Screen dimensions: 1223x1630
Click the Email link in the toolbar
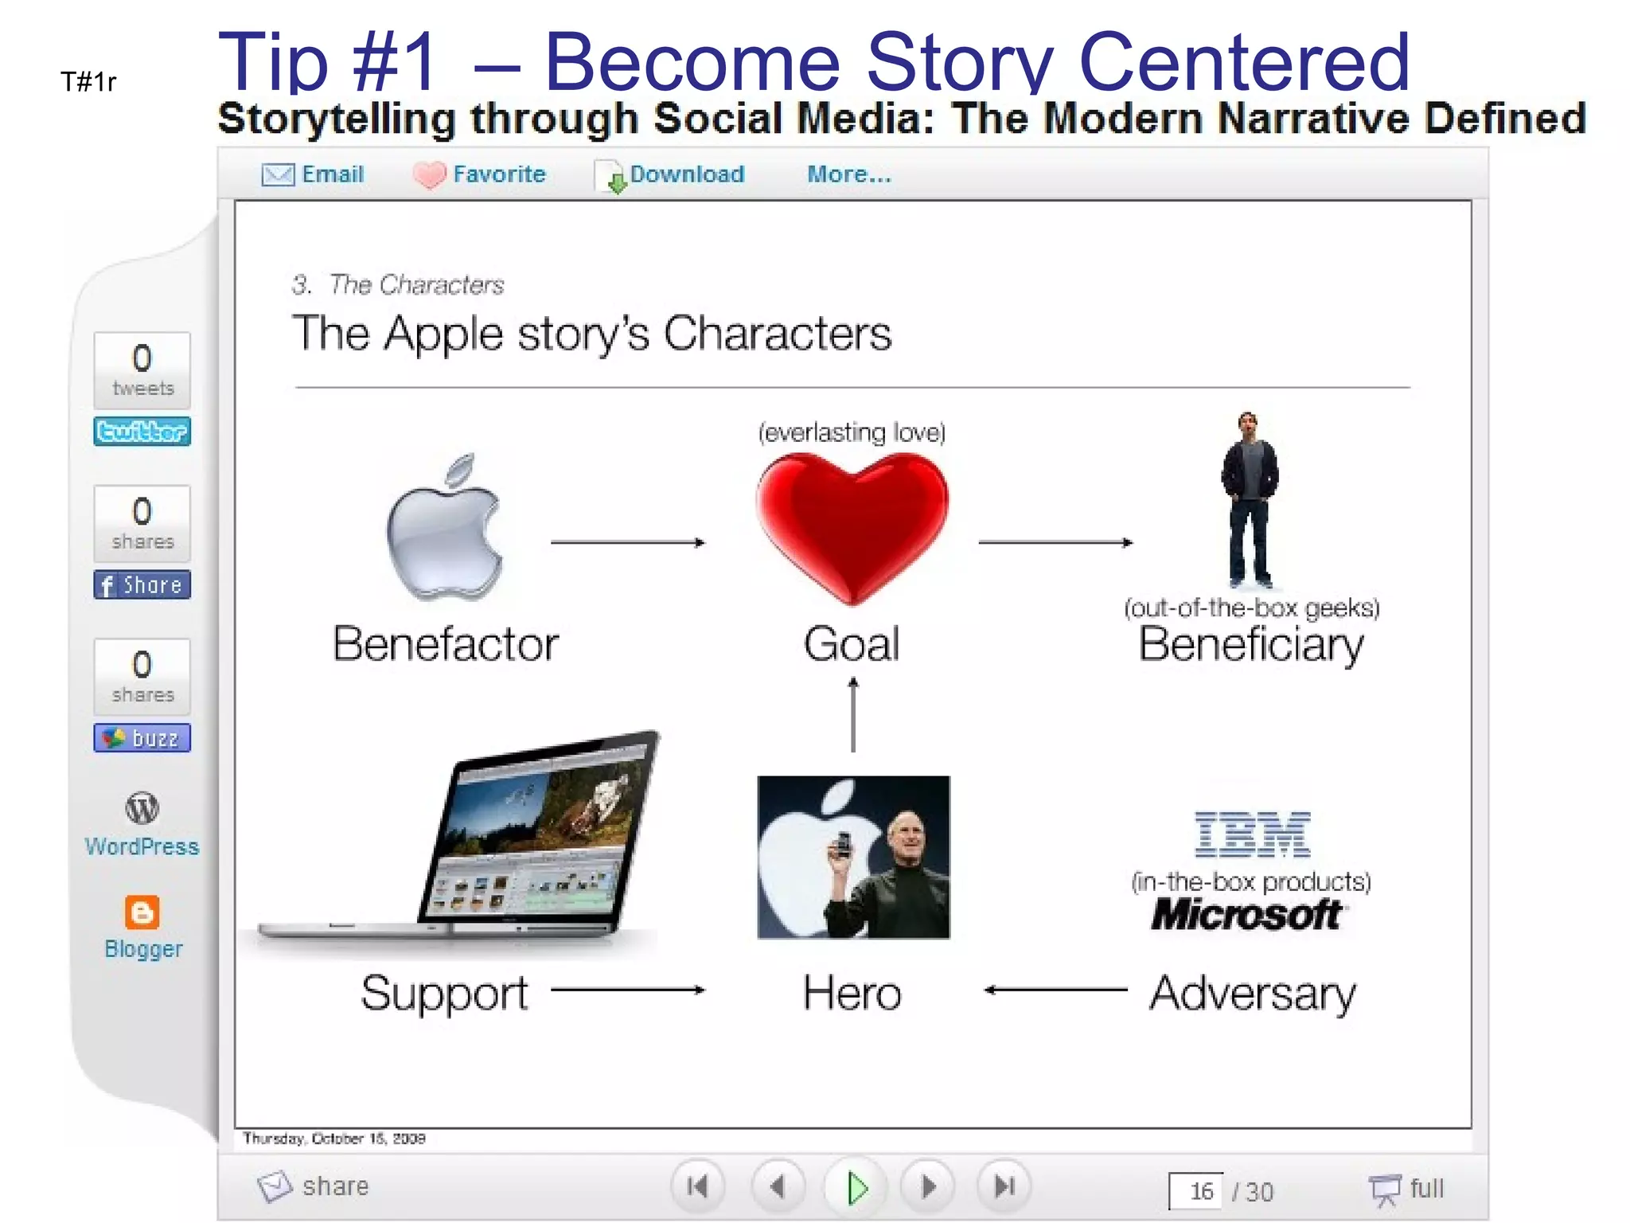331,174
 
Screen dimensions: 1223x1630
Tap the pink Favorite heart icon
430,175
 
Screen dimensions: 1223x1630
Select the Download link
686,174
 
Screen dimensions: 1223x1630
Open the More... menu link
848,174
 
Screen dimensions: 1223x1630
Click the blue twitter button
142,432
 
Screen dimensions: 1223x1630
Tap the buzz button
142,738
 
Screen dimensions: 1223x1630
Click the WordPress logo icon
142,809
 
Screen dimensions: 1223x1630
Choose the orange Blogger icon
142,912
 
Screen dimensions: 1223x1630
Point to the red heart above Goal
852,526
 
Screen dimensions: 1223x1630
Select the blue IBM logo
1252,834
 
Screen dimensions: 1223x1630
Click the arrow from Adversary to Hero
1055,991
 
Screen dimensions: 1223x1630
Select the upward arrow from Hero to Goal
853,715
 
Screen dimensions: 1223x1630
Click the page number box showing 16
1197,1191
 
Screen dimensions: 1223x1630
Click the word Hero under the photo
852,993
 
